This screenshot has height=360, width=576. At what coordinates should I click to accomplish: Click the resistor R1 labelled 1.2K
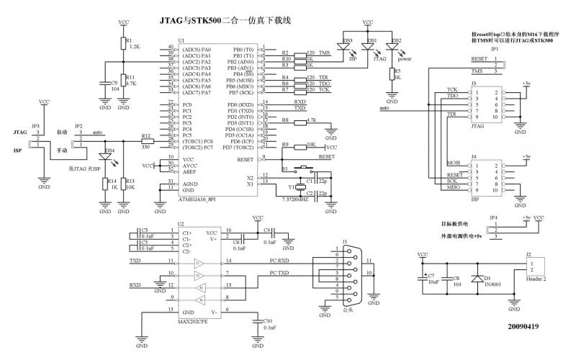pyautogui.click(x=123, y=45)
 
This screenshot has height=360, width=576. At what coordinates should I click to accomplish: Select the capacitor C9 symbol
pyautogui.click(x=104, y=85)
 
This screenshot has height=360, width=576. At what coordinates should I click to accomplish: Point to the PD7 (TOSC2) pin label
pyautogui.click(x=226, y=147)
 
